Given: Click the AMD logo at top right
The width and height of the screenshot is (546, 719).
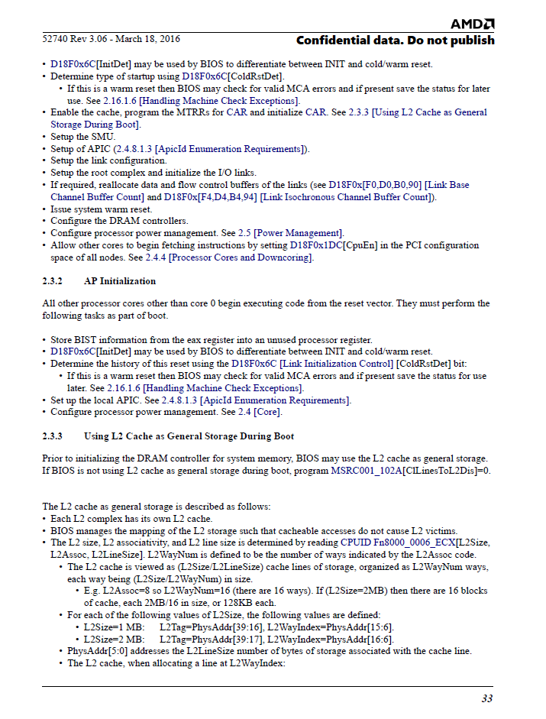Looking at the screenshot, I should [472, 24].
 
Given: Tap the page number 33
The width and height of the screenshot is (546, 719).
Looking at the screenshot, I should [486, 698].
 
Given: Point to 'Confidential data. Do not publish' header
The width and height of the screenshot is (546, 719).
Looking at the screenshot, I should [395, 40].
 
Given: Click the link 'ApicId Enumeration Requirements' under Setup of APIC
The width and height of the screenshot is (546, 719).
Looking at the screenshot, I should [230, 149].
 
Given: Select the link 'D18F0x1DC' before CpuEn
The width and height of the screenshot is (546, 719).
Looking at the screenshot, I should [315, 245].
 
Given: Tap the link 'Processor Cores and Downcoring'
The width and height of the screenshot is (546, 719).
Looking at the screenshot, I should [241, 257].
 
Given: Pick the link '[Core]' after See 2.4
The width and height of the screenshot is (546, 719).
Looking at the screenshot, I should [268, 413].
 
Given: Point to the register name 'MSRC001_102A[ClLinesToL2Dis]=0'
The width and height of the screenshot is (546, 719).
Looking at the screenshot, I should [410, 470].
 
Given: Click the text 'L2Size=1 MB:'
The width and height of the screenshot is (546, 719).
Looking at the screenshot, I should [114, 627].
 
